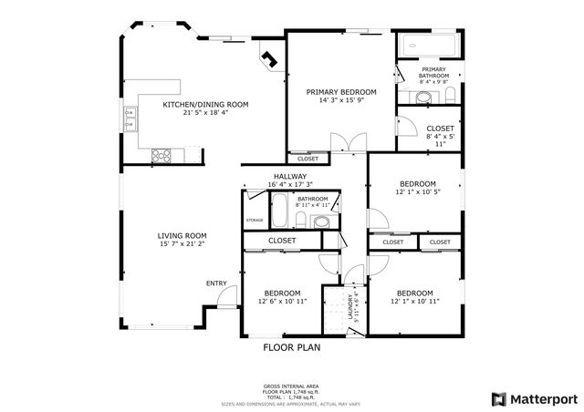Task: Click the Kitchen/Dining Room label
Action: tap(204, 105)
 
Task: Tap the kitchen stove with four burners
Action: tap(162, 155)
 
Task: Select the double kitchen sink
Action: tap(130, 115)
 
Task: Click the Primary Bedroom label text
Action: tap(341, 92)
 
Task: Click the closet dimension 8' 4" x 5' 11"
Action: tap(440, 139)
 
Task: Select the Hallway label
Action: tap(289, 176)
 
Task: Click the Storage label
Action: tap(255, 221)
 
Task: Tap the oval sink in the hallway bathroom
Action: tap(320, 221)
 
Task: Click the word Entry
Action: tap(216, 283)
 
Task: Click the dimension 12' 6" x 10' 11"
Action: tap(282, 302)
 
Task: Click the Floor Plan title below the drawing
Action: tap(292, 346)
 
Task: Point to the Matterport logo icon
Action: tap(498, 398)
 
